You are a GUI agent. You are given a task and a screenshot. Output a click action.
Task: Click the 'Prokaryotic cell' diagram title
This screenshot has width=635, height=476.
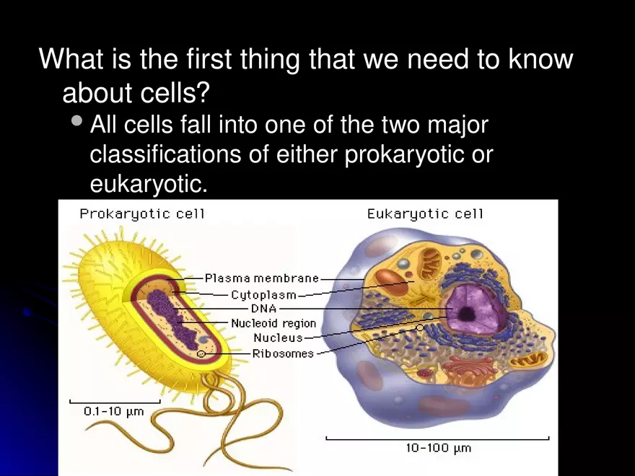click(x=142, y=213)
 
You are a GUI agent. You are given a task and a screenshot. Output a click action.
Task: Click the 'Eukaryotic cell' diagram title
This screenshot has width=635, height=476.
click(x=425, y=213)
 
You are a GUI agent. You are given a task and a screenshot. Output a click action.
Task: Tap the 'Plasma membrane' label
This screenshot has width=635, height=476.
click(x=261, y=278)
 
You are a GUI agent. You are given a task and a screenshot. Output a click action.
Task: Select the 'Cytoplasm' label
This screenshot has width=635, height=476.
click(x=264, y=294)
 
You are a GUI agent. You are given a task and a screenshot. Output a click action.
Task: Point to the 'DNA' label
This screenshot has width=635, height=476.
click(x=263, y=309)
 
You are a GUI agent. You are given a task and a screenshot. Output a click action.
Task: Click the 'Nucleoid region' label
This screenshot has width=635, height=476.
click(x=273, y=323)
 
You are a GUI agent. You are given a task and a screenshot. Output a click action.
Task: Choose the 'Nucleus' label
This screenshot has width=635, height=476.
click(x=278, y=338)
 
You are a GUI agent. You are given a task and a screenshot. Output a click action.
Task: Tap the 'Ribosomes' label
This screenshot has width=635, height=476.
click(x=283, y=353)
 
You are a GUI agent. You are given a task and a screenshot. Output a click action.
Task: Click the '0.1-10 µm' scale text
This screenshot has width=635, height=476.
click(x=114, y=412)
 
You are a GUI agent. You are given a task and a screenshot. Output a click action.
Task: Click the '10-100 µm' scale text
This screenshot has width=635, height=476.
click(x=438, y=448)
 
